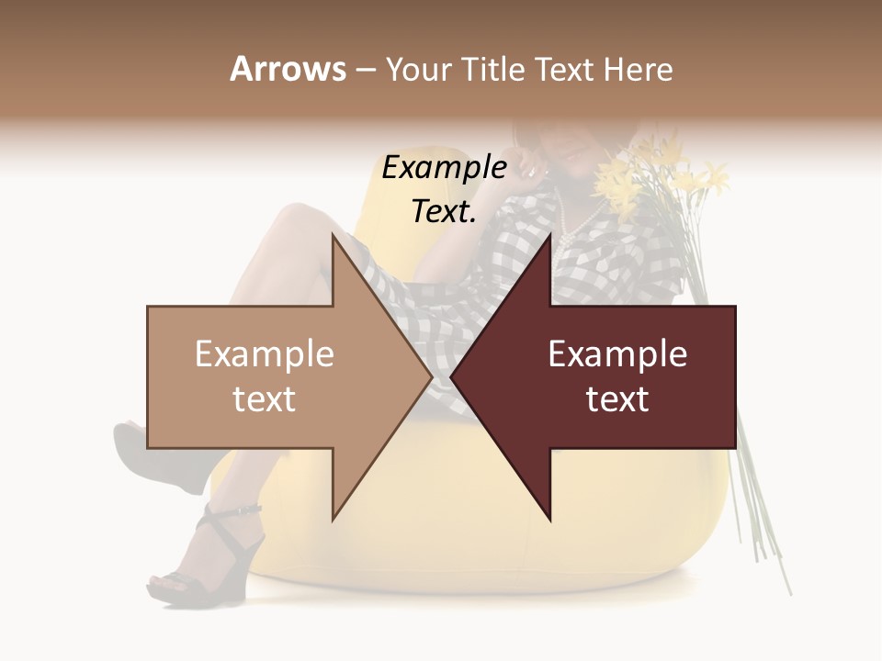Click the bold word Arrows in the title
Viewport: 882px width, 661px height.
(x=288, y=69)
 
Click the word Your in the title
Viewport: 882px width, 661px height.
(x=419, y=69)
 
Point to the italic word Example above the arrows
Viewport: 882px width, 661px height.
(x=444, y=168)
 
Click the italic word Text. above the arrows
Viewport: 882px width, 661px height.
(x=444, y=211)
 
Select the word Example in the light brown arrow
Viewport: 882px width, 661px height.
(x=265, y=354)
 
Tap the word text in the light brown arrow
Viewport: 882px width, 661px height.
(x=265, y=399)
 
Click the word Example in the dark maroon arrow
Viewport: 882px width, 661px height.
(x=617, y=354)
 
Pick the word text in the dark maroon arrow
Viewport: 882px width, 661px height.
(x=617, y=399)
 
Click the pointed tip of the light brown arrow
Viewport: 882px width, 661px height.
(x=430, y=377)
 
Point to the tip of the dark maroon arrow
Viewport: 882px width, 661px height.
(x=452, y=377)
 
